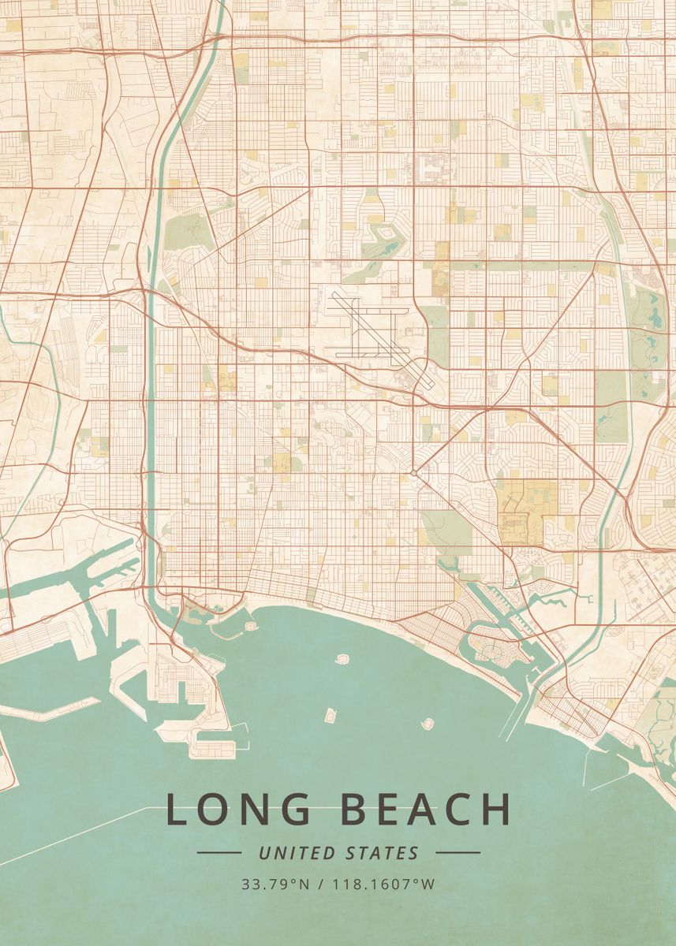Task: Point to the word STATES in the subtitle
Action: (x=383, y=852)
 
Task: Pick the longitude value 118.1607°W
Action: (x=383, y=884)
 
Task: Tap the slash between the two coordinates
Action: (x=320, y=884)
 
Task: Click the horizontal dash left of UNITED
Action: (x=218, y=852)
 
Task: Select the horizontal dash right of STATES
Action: (x=458, y=852)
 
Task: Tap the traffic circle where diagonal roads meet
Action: (x=413, y=473)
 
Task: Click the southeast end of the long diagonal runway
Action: (x=432, y=384)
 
